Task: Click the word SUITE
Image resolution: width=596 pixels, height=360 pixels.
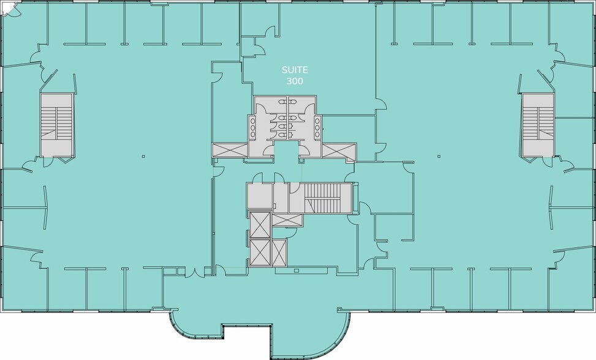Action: click(x=295, y=70)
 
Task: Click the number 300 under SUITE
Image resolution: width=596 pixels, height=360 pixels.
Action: click(x=295, y=81)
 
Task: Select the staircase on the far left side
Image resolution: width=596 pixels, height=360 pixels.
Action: click(x=56, y=124)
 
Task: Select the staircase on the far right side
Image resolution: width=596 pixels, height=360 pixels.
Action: click(x=538, y=124)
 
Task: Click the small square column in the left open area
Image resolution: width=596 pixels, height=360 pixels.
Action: click(x=143, y=156)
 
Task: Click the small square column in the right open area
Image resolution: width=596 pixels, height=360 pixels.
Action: click(x=439, y=156)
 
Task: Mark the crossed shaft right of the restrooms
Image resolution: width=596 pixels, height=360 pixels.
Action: click(x=339, y=150)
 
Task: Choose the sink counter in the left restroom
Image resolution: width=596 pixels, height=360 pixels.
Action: click(x=252, y=127)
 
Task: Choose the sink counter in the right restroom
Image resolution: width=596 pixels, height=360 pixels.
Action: click(x=317, y=127)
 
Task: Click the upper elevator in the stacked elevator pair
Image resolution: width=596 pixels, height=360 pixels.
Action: click(x=260, y=225)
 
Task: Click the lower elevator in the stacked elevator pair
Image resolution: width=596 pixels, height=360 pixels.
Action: click(x=260, y=252)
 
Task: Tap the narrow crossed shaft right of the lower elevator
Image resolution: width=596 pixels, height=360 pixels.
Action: click(x=279, y=252)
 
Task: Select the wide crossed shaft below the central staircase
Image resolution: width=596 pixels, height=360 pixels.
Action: click(x=287, y=220)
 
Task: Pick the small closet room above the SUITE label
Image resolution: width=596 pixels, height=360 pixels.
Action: click(x=249, y=47)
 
